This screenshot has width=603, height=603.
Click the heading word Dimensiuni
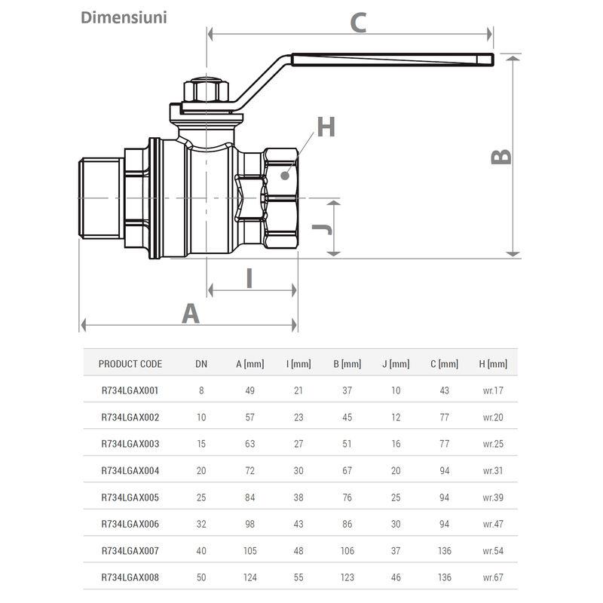pos(124,17)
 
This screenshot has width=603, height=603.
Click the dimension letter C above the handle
pos(359,23)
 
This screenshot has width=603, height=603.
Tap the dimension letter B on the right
pos(501,155)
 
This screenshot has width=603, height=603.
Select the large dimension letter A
pos(191,312)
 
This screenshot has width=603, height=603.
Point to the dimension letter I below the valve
pos(249,278)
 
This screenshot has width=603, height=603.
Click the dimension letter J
pos(320,228)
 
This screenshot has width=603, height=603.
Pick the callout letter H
pos(325,127)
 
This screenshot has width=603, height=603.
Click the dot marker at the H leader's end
pos(284,175)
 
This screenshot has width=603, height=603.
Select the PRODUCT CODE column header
pos(130,364)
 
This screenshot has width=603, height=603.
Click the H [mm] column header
pos(493,364)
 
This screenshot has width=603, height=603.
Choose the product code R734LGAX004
pos(130,470)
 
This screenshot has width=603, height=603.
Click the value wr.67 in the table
pos(493,577)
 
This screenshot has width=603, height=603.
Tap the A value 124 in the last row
pos(249,577)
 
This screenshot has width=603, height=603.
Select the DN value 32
pos(201,524)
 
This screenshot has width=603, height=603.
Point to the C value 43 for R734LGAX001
pos(444,390)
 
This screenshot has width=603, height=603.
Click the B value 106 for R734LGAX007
pos(347,551)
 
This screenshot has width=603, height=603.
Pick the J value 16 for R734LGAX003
pos(396,444)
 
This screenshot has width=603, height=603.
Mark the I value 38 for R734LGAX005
pos(298,497)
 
